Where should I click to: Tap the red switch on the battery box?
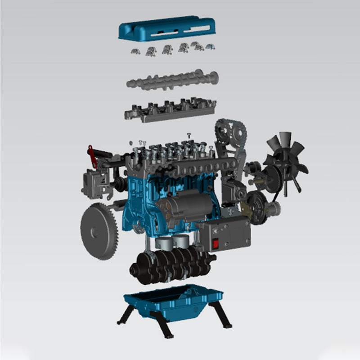[x=216, y=244]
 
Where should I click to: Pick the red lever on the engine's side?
[x=93, y=156]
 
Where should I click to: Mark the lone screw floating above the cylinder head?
[x=189, y=134]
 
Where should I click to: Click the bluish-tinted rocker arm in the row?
[x=210, y=46]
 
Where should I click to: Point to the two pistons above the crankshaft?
[x=173, y=242]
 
